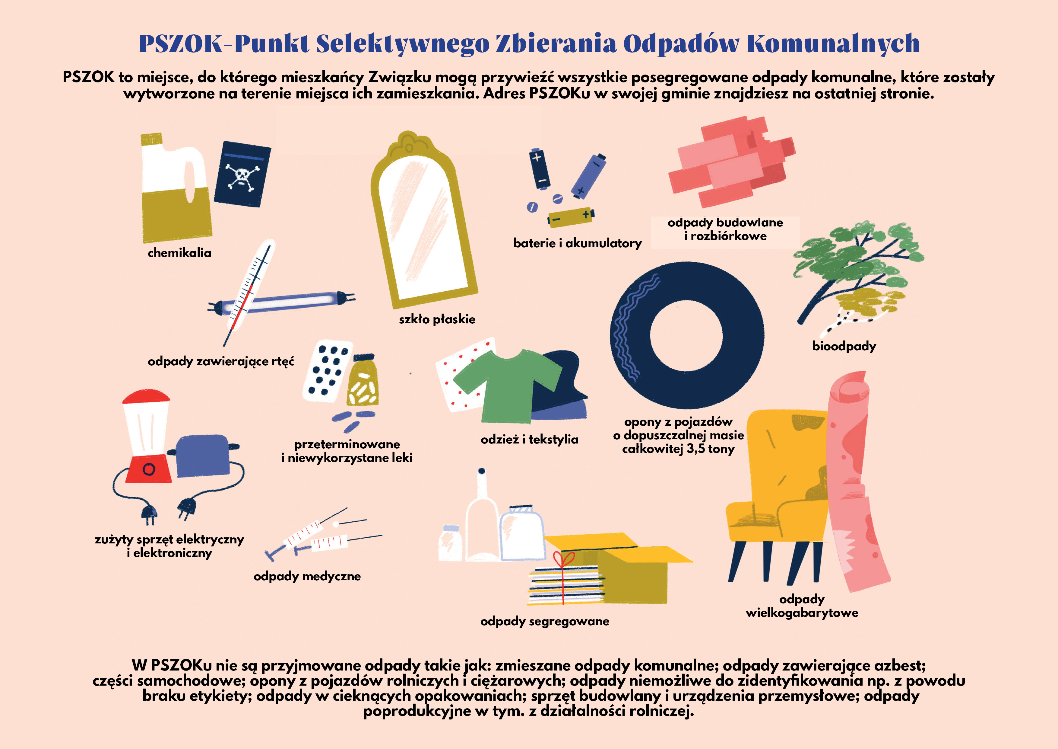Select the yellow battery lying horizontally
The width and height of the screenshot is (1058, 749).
point(571,217)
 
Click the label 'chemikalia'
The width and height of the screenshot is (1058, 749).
point(179,253)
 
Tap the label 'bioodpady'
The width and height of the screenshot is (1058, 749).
point(844,346)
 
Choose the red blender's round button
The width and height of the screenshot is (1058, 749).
point(148,469)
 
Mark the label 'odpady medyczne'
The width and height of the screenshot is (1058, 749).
point(307,576)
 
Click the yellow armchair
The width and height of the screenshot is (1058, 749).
point(779,498)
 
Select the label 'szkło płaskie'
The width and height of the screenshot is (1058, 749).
point(437,319)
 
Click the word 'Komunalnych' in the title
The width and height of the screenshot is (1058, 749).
point(833,44)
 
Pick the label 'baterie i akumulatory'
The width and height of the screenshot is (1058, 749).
point(577,243)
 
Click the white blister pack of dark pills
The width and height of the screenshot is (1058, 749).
point(327,371)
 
